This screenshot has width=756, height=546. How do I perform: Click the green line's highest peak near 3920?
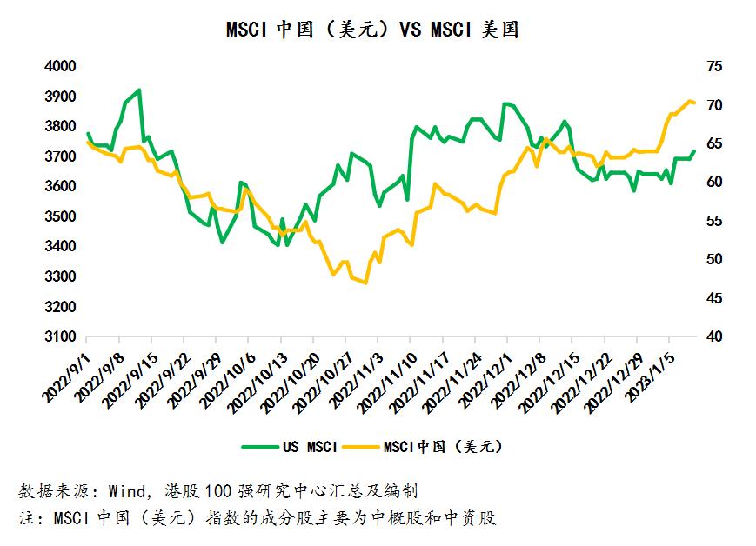139,90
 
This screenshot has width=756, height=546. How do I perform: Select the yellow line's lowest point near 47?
365,283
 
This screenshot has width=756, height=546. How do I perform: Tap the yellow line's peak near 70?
691,101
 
